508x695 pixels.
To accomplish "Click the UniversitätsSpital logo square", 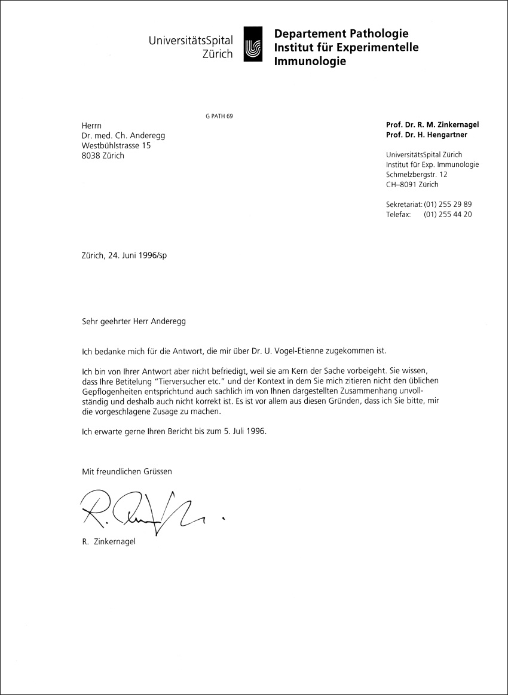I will click(x=253, y=44).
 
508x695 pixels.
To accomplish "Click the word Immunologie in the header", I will click(x=310, y=61).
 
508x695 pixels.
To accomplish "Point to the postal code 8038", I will click(x=91, y=156).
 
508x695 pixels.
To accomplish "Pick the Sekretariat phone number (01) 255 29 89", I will click(x=448, y=204).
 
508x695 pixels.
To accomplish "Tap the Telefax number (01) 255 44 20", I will click(x=448, y=214).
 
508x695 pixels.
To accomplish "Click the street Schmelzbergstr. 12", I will click(x=417, y=174).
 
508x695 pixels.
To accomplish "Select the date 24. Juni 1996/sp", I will click(x=138, y=254).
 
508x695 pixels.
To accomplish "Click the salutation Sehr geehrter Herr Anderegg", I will click(x=134, y=321).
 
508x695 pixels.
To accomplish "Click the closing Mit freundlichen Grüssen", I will click(x=127, y=471).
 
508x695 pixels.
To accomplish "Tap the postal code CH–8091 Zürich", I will click(x=412, y=184).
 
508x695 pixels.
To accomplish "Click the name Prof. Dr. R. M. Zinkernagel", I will click(x=433, y=124).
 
